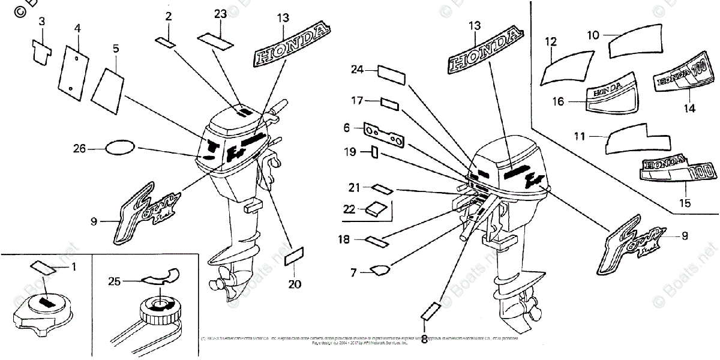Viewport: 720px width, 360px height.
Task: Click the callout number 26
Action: tap(79, 148)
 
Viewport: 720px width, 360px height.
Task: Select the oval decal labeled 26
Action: tap(120, 148)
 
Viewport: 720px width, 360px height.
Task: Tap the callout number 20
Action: tap(294, 284)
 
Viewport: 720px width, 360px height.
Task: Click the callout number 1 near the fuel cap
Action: tap(74, 266)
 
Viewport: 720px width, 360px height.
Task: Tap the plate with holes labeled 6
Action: tap(384, 135)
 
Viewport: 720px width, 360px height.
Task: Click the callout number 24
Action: tap(358, 70)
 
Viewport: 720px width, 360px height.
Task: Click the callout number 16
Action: tap(558, 102)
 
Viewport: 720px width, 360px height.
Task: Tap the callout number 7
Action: tap(353, 273)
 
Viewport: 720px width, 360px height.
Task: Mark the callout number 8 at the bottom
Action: tap(425, 339)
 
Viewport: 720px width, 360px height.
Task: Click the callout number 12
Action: tap(551, 41)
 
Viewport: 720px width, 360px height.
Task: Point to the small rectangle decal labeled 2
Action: tap(165, 41)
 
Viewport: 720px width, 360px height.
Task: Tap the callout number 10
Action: tap(593, 35)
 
